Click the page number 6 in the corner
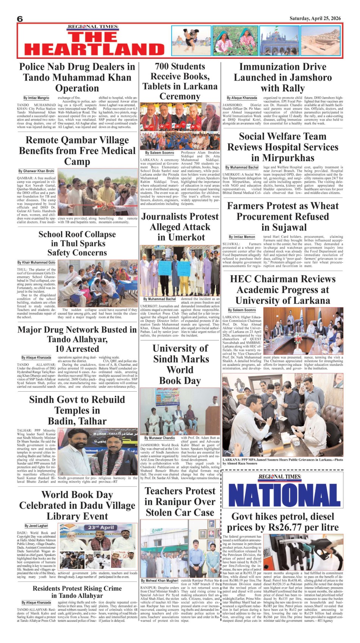20,19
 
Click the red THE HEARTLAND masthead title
94,44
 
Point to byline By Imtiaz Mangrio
36,98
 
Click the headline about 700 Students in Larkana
180,81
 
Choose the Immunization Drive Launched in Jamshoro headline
282,77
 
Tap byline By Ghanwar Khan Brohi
36,171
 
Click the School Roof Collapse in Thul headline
77,243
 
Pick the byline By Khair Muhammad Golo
36,262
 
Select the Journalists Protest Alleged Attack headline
180,227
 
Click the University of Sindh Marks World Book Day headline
180,364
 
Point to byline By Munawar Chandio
160,438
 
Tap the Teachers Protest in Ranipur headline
180,502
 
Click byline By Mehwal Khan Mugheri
160,580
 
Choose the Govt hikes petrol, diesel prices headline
282,522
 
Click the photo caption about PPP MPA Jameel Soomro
282,461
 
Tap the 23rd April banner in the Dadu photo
101,527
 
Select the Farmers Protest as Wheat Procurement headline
282,216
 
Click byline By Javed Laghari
36,526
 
